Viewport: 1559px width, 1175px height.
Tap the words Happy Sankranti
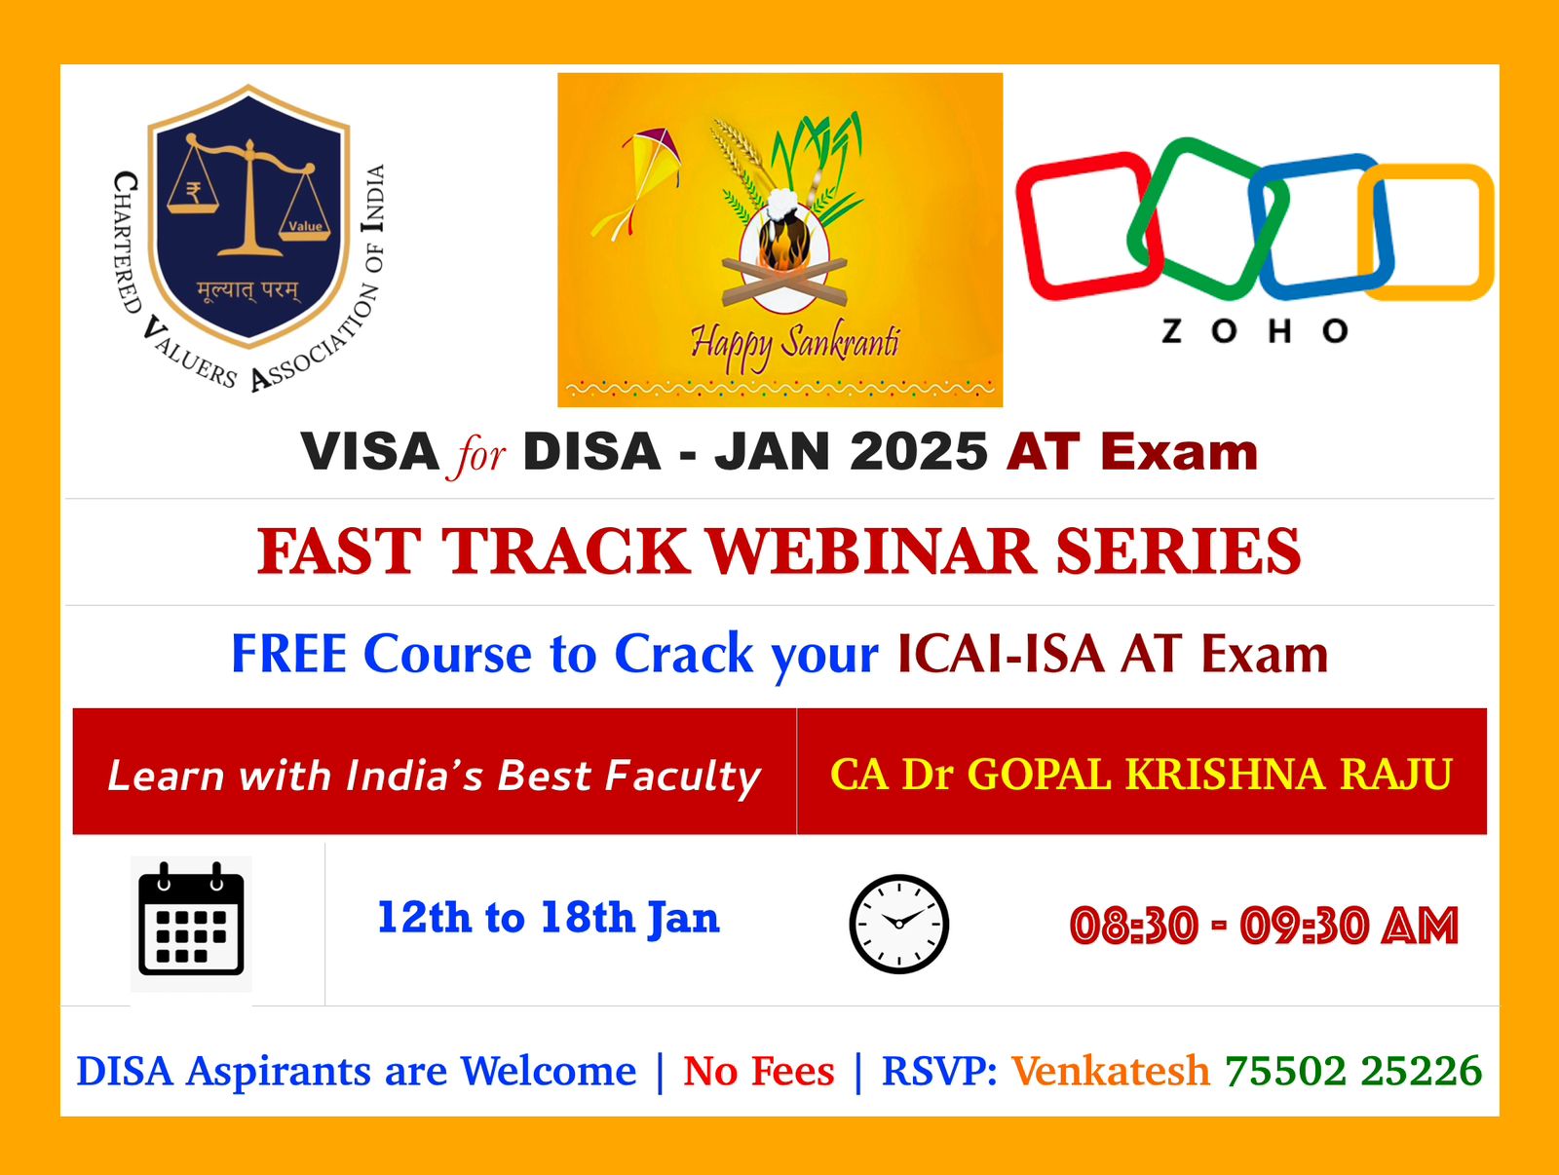(x=794, y=344)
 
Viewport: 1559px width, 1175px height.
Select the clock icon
(x=898, y=924)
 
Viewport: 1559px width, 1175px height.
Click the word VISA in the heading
(x=370, y=452)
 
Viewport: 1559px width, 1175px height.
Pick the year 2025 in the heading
(x=919, y=452)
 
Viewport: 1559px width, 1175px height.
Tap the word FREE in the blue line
(x=288, y=654)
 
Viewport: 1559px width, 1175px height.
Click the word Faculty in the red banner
(x=682, y=777)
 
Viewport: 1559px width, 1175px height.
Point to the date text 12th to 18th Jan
(x=548, y=918)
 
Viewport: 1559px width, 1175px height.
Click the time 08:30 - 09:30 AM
(x=1264, y=926)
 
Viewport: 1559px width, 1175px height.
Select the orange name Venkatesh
(x=1110, y=1071)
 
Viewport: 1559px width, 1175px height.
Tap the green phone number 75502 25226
(x=1353, y=1071)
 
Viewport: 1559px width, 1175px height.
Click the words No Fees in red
(x=759, y=1071)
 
